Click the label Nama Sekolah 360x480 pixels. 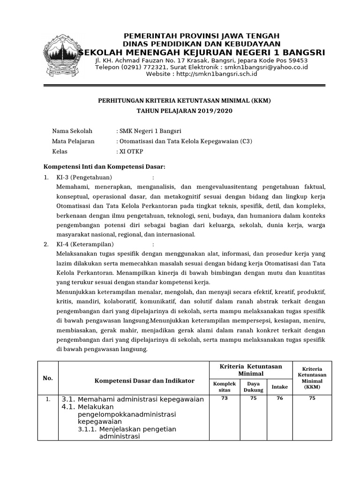click(72, 131)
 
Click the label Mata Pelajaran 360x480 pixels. click(73, 141)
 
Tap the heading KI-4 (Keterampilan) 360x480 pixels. click(85, 244)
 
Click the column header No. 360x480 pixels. click(48, 378)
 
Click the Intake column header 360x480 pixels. click(280, 387)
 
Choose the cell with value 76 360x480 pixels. click(280, 398)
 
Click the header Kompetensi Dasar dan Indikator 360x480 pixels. click(137, 381)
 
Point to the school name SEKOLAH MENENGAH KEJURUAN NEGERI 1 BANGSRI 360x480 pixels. click(201, 52)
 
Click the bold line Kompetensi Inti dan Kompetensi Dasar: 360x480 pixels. click(104, 166)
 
